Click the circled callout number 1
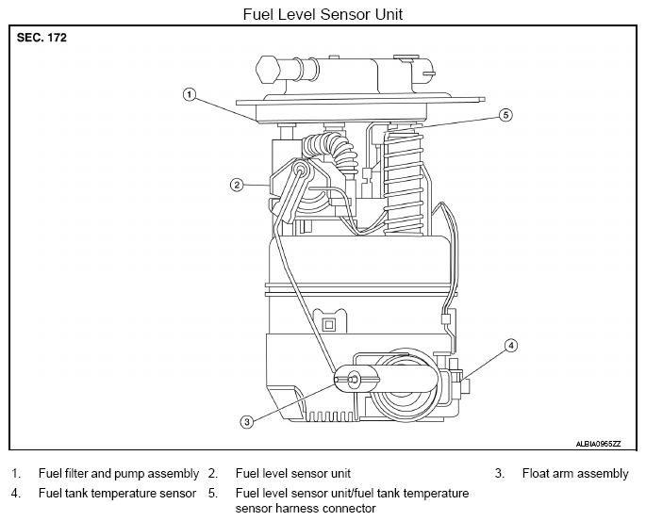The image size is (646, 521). point(190,95)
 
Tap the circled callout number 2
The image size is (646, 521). point(237,186)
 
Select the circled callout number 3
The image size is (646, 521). point(247,422)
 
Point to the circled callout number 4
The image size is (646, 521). point(511,346)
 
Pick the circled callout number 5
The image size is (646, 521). point(505,115)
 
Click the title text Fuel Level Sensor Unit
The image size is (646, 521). point(323,14)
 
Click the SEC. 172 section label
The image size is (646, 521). point(41,38)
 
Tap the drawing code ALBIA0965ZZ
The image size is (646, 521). point(598,444)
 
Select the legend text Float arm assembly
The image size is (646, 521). point(575,474)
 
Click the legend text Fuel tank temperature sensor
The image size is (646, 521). point(118,493)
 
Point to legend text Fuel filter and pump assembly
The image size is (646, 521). point(119,474)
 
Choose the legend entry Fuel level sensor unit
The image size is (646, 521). point(293,474)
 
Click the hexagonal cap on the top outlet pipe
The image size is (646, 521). point(268,70)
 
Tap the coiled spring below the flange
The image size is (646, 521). point(403,182)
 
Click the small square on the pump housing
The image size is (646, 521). point(329,325)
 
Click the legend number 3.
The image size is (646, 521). point(500,474)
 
